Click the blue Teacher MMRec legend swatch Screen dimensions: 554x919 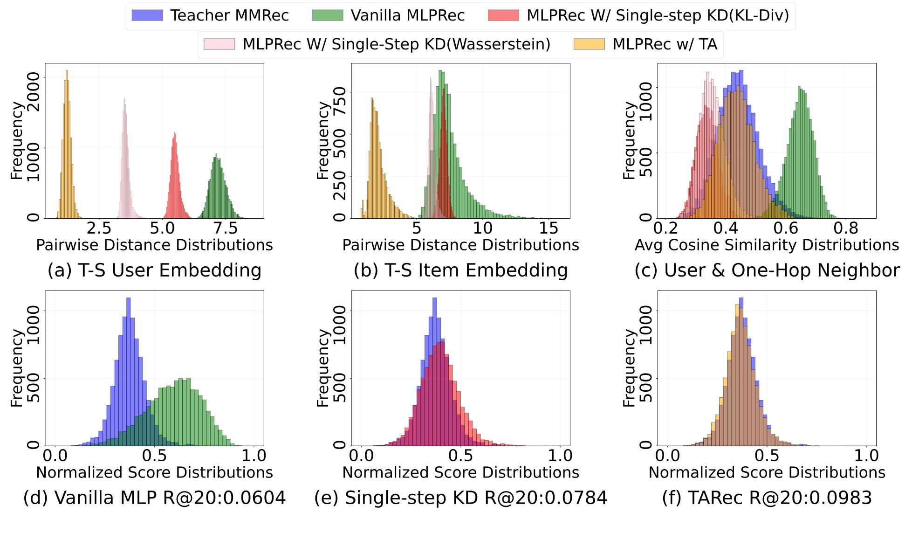coord(147,15)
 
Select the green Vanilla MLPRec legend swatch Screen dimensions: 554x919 coord(328,15)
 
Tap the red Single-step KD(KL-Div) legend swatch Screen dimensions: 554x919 coord(503,15)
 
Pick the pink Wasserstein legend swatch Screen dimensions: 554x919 coord(219,44)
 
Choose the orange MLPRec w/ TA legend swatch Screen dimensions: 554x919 coord(589,44)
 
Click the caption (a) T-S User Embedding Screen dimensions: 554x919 coord(154,270)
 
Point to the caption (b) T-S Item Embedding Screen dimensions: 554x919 coord(460,270)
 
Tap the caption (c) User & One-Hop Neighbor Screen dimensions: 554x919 coord(767,270)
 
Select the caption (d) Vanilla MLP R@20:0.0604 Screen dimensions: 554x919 coord(154,498)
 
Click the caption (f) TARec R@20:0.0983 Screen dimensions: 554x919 coord(767,498)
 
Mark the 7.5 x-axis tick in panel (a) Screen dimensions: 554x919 coord(226,229)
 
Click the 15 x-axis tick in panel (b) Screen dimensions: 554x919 coord(549,229)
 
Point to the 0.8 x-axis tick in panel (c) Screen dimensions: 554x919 coord(846,229)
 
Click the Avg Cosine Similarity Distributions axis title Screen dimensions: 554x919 coord(767,245)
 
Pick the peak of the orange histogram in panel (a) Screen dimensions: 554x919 coord(67,71)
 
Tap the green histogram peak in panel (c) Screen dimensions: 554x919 coord(799,87)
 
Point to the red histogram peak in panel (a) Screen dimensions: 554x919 coord(175,133)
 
